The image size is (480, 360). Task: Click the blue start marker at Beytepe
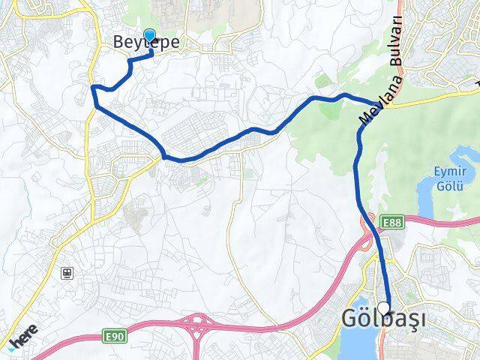149,36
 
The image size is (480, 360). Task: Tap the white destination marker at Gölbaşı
384,307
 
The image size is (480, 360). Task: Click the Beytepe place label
146,43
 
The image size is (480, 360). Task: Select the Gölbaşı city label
383,319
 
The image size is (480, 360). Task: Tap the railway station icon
67,273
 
